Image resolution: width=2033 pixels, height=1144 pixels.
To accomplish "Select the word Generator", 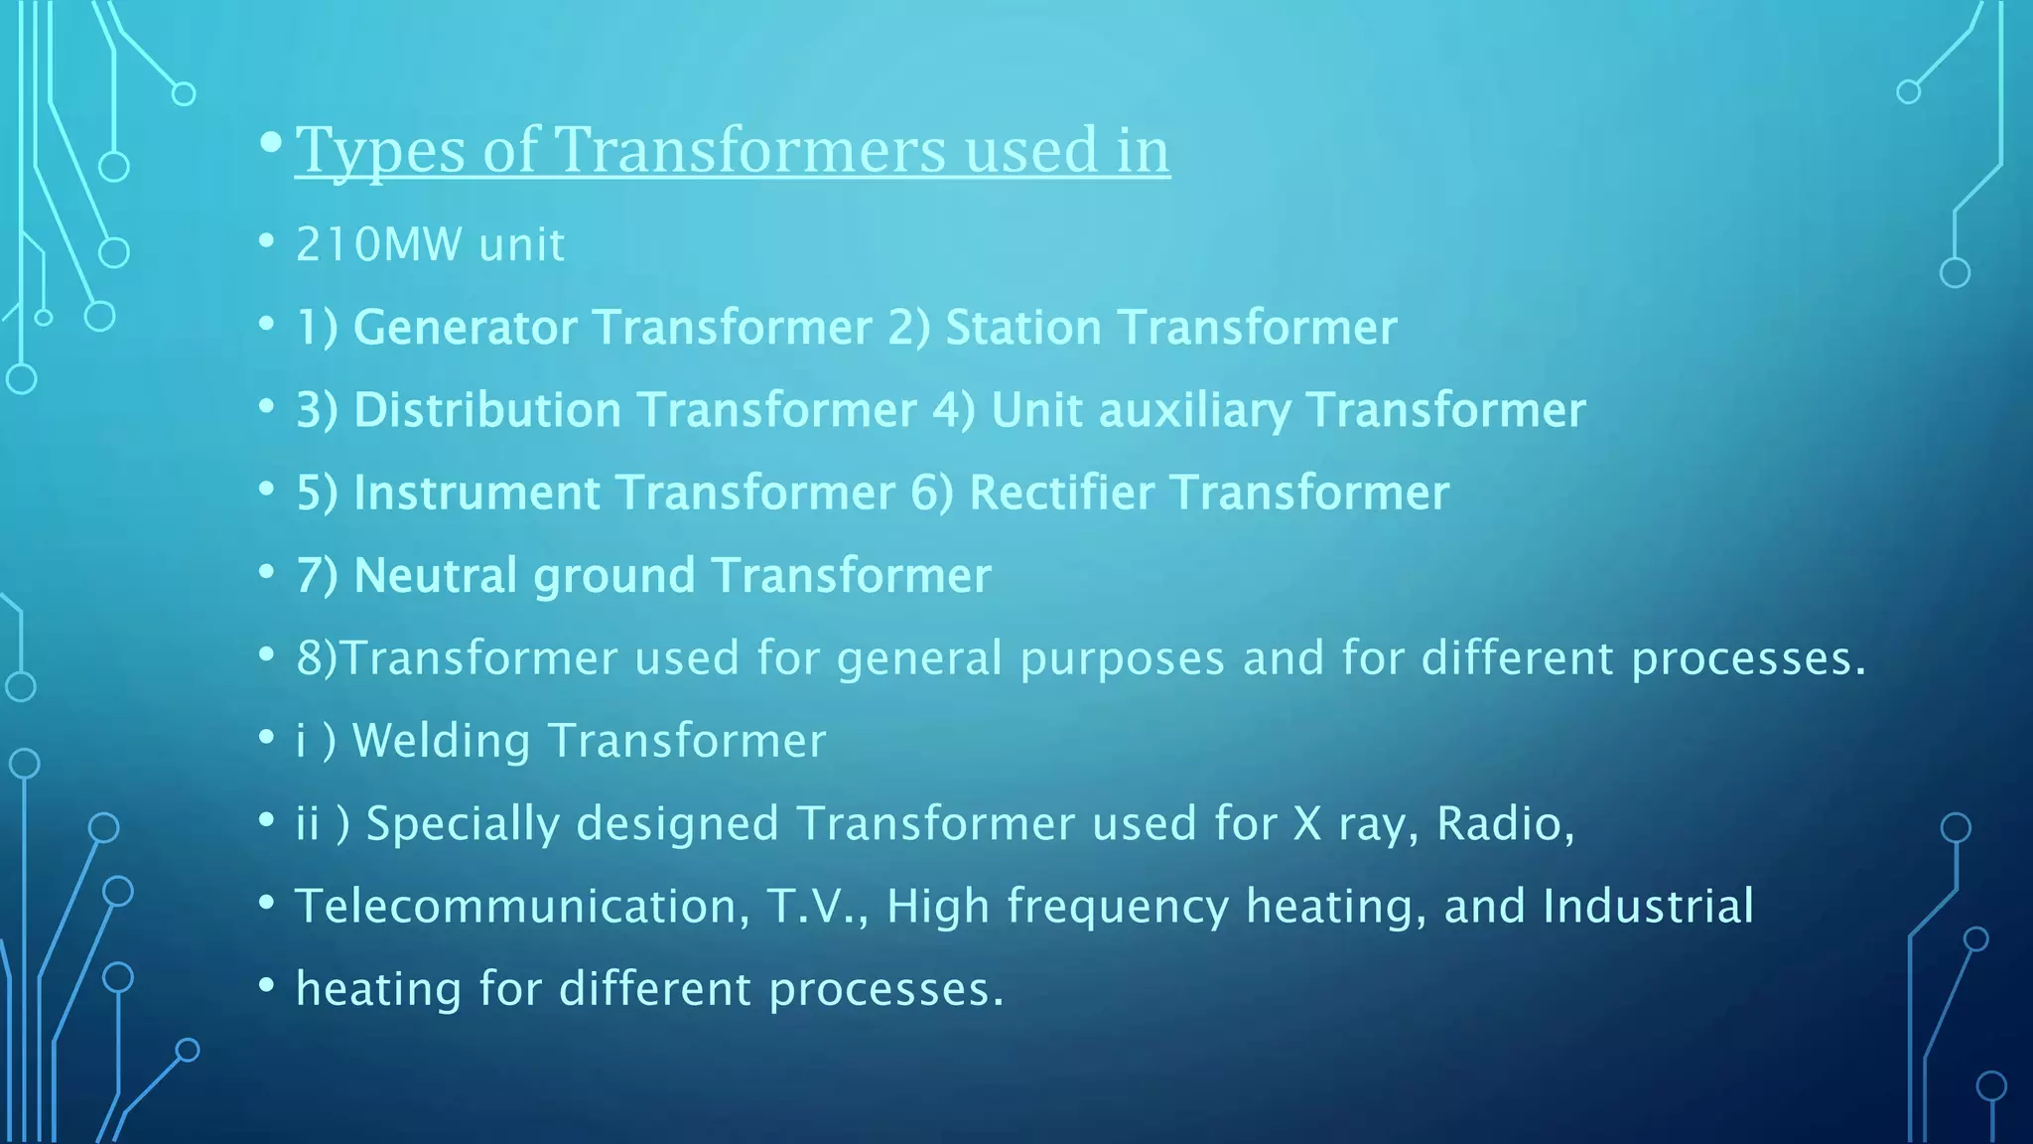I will (465, 327).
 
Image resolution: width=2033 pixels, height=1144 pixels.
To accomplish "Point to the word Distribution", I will (487, 410).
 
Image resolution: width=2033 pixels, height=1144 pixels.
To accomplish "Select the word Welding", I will (441, 741).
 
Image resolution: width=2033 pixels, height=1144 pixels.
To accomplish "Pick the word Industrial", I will (1648, 907).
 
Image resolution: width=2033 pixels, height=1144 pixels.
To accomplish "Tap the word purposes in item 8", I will (1122, 659).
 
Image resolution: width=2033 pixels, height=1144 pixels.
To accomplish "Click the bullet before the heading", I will (270, 143).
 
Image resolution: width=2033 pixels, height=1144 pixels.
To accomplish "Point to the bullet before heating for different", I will (266, 986).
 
